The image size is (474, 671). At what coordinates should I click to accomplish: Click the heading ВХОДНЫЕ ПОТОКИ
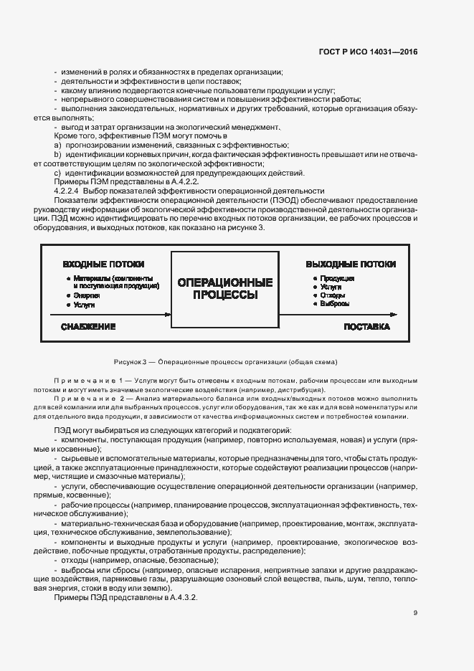click(103, 265)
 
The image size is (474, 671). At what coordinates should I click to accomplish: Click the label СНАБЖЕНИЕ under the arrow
click(88, 327)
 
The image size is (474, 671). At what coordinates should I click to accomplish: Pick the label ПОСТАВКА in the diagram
click(366, 327)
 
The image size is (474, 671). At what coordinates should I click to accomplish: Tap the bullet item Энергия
click(85, 295)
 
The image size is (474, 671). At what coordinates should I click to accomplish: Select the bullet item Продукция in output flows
click(335, 278)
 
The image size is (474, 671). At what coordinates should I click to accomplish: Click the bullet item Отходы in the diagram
click(333, 295)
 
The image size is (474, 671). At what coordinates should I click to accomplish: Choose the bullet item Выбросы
click(335, 304)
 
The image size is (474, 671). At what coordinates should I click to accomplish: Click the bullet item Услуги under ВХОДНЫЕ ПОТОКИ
click(84, 305)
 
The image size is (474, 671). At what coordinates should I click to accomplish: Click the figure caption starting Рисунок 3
click(224, 361)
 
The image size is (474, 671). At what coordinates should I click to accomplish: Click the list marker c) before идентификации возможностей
click(57, 173)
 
